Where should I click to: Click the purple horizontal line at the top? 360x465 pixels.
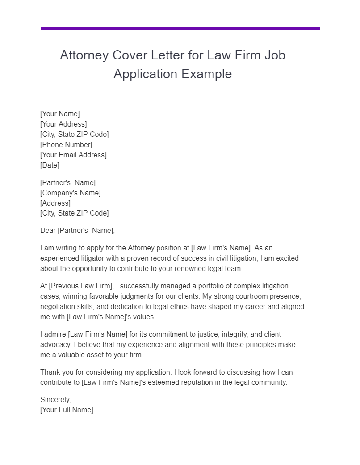[180, 29]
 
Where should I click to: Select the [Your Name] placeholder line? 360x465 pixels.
[60, 114]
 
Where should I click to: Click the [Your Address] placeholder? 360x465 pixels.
[63, 124]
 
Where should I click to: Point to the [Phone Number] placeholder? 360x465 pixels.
[66, 144]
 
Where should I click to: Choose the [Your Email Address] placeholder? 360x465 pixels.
[73, 155]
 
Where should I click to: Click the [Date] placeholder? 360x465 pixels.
[50, 165]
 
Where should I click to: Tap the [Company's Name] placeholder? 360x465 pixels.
[70, 193]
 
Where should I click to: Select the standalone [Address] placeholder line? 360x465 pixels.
[55, 203]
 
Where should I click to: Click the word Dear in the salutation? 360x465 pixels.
[48, 231]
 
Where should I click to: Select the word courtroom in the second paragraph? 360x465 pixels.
[242, 296]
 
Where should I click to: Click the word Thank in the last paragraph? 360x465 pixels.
[50, 372]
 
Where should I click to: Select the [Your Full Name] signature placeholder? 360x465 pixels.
[67, 410]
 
